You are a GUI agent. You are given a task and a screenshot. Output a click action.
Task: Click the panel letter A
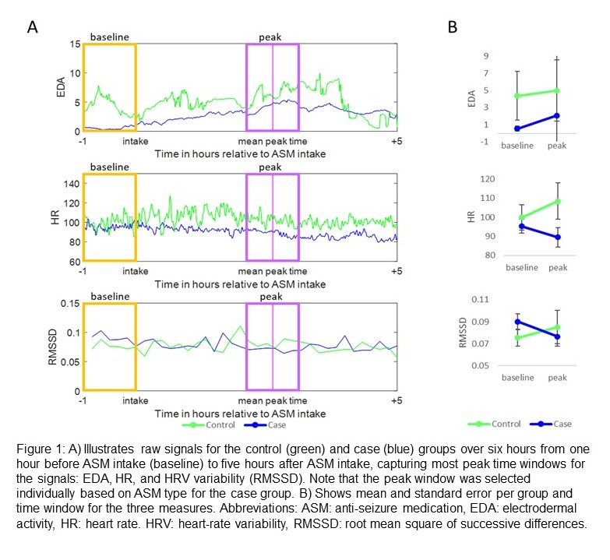point(33,28)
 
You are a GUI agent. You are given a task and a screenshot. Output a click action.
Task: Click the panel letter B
point(453,28)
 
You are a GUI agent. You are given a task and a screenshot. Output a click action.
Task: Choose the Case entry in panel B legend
point(560,424)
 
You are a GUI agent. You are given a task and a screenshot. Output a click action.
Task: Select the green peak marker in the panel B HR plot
point(558,201)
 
